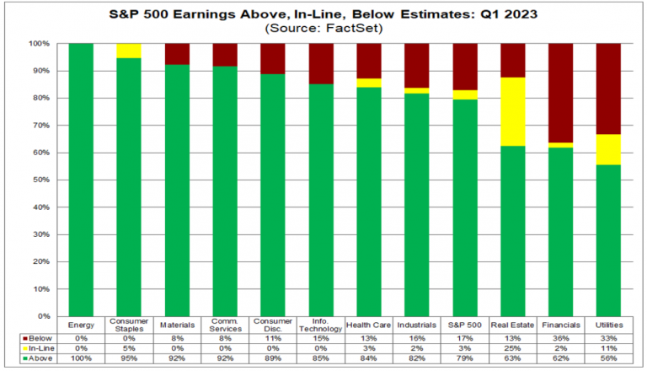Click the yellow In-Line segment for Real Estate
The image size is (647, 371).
(513, 111)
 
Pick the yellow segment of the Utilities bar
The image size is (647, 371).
(609, 149)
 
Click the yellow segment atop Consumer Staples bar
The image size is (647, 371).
(128, 51)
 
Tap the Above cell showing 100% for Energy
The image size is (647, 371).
(80, 358)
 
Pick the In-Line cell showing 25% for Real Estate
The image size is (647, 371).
(513, 347)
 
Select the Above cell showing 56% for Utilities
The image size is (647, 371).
(609, 358)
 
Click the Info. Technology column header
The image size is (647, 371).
(320, 325)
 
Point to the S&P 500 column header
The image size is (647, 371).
(465, 325)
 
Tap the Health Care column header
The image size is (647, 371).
(368, 325)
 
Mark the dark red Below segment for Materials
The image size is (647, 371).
(176, 54)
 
